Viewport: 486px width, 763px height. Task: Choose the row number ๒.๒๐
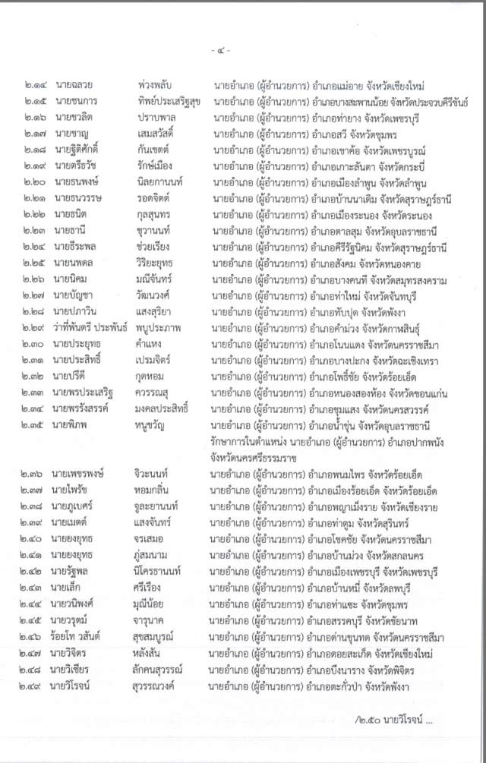click(36, 182)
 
